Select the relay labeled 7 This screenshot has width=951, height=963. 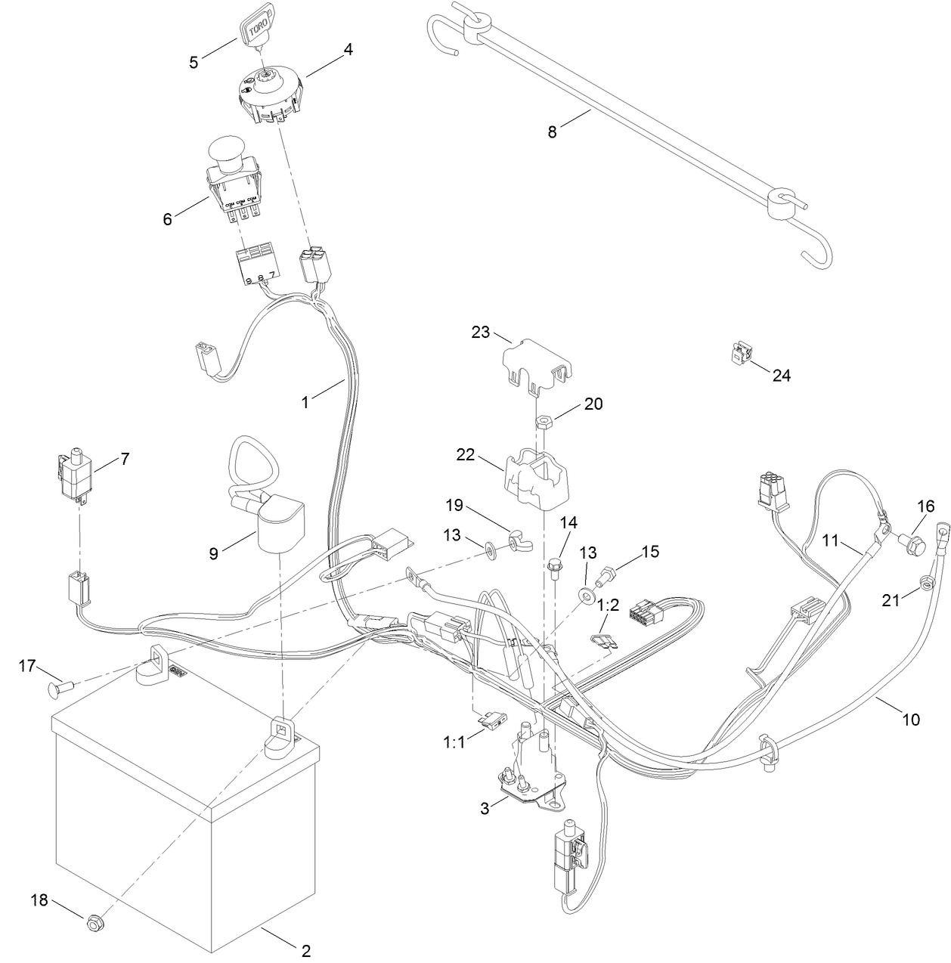(x=76, y=476)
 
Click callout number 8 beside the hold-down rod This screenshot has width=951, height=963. (x=552, y=132)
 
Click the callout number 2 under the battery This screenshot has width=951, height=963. (x=305, y=951)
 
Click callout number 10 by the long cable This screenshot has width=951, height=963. (x=911, y=720)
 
